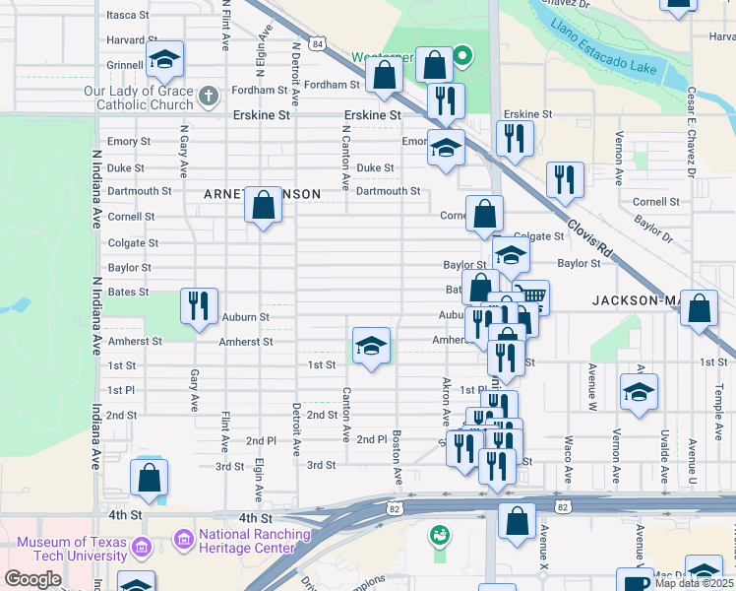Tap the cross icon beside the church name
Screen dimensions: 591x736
click(208, 96)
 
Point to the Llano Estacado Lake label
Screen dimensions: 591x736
click(610, 49)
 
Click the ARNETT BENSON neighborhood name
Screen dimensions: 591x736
click(262, 194)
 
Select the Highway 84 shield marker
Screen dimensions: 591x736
click(315, 44)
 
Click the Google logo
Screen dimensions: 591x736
click(33, 579)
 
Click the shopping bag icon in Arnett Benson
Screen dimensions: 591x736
click(263, 206)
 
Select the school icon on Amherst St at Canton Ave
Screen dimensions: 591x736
click(371, 346)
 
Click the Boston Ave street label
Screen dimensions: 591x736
click(397, 456)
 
